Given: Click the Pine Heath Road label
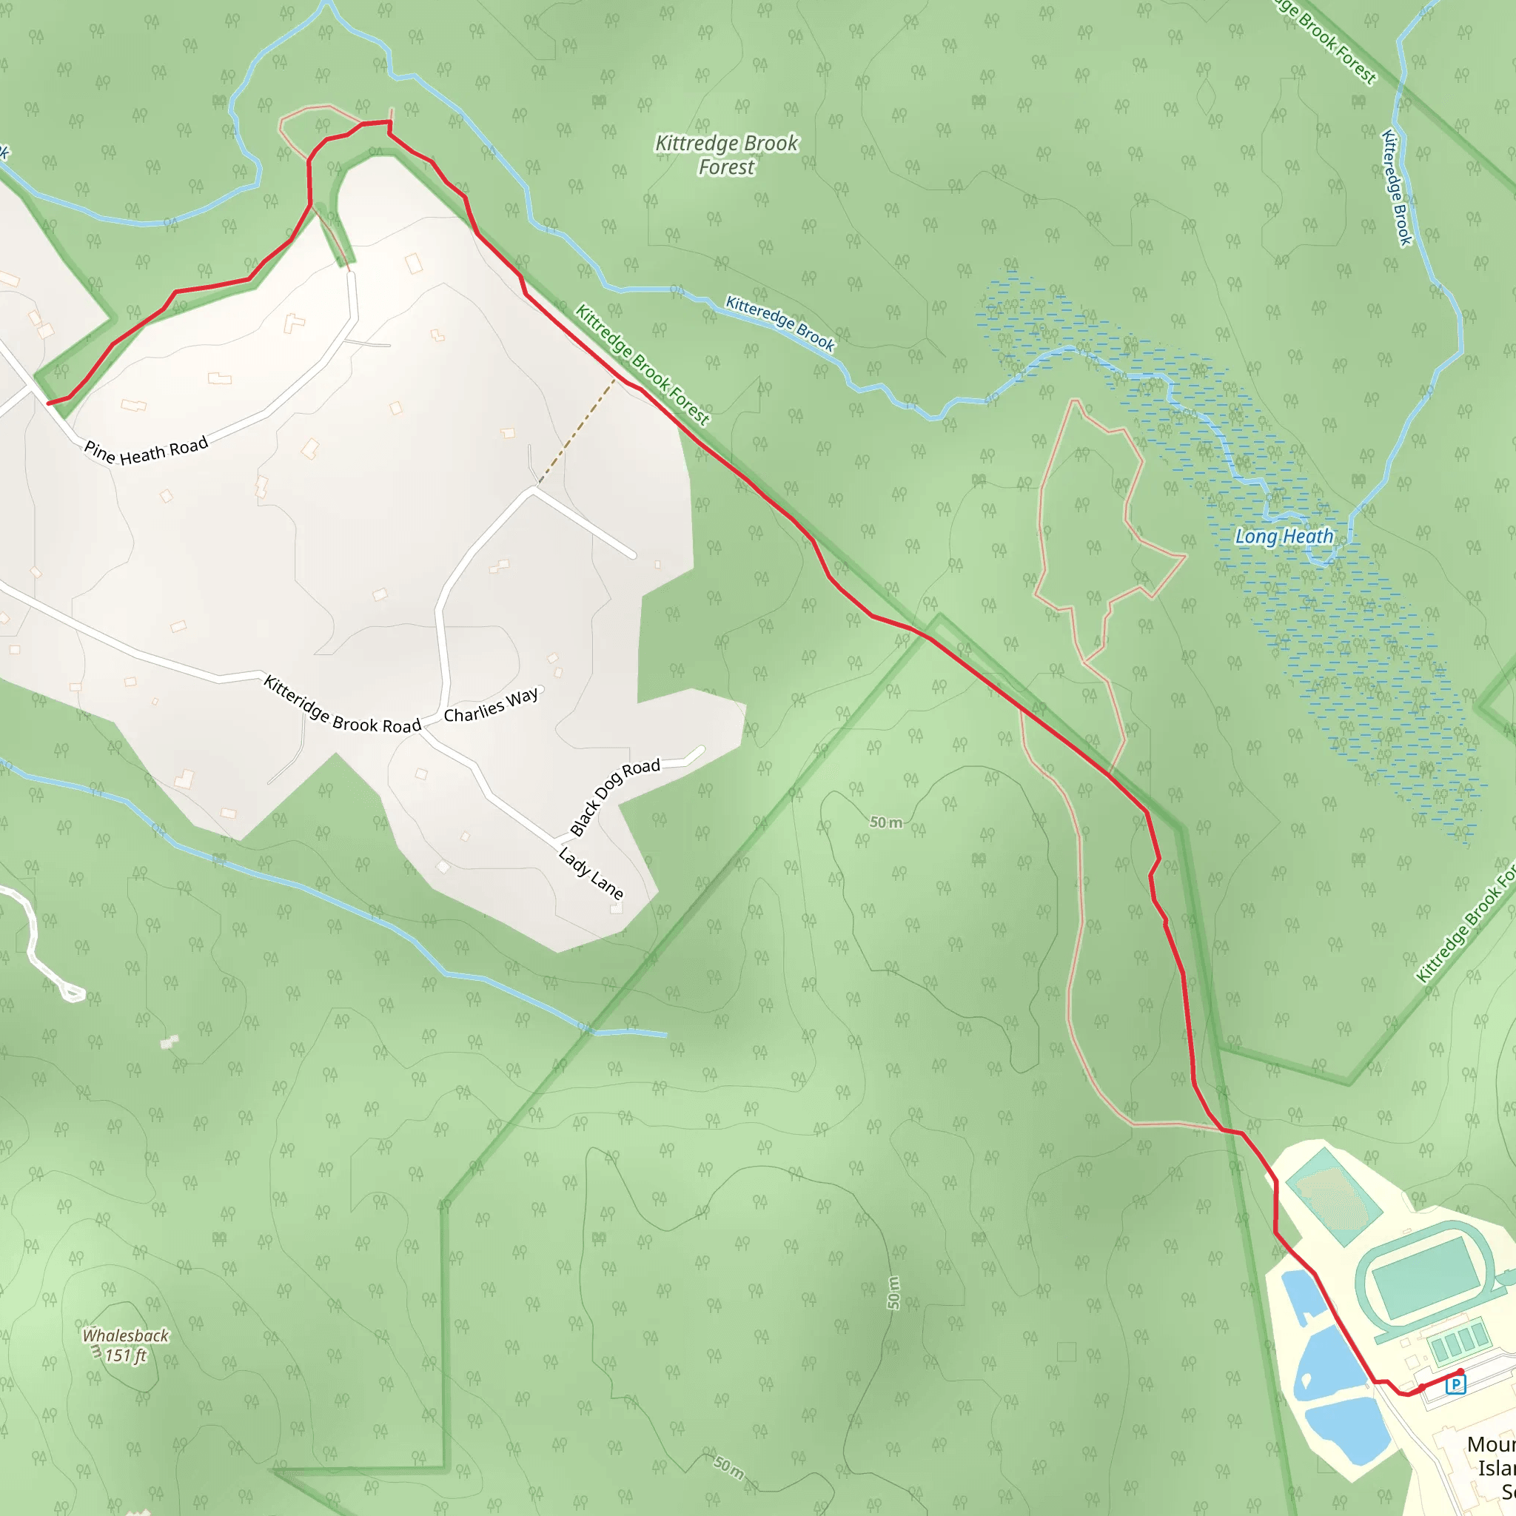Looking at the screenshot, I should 146,449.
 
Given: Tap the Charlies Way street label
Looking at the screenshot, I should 492,705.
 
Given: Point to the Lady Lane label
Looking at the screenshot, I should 591,873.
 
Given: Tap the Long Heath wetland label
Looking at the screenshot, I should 1284,537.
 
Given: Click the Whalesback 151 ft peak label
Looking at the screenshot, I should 126,1345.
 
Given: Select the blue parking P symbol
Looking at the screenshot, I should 1455,1383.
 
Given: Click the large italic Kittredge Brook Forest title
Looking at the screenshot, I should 727,155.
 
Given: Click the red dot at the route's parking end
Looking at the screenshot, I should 1460,1372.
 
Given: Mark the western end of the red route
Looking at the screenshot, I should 49,403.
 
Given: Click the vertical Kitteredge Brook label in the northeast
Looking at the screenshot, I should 1397,187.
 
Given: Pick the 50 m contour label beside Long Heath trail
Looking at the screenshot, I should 886,822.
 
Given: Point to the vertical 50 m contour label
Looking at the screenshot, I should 893,1292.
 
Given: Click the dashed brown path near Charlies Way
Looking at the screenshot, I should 577,431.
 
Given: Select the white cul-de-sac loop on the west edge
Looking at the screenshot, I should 73,994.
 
